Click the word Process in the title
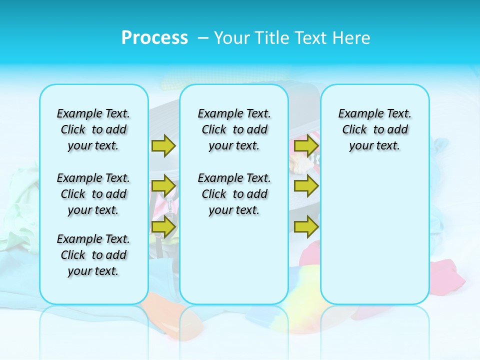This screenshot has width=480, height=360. (x=154, y=37)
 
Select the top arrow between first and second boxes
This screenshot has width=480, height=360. (x=163, y=145)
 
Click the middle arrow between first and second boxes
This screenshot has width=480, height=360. (x=163, y=186)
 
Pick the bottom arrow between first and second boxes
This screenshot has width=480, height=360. (x=163, y=226)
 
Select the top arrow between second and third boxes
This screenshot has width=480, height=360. (x=305, y=145)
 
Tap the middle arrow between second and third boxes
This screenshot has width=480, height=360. (x=305, y=186)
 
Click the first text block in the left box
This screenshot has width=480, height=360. (x=93, y=129)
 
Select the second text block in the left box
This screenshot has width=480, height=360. (x=93, y=194)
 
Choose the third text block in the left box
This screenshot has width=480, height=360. (x=93, y=255)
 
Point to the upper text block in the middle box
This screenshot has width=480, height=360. (x=234, y=129)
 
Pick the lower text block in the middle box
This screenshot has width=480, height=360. (x=234, y=194)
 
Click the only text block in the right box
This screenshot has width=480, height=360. (x=375, y=129)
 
